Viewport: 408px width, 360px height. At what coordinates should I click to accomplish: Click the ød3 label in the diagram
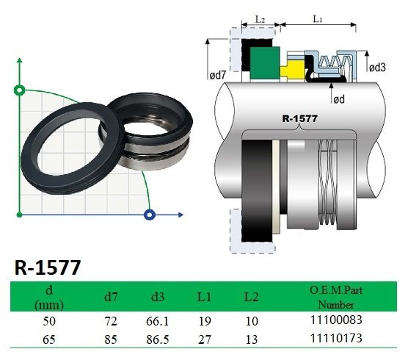click(x=377, y=68)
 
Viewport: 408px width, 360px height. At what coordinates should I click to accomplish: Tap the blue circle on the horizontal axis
click(x=150, y=215)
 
